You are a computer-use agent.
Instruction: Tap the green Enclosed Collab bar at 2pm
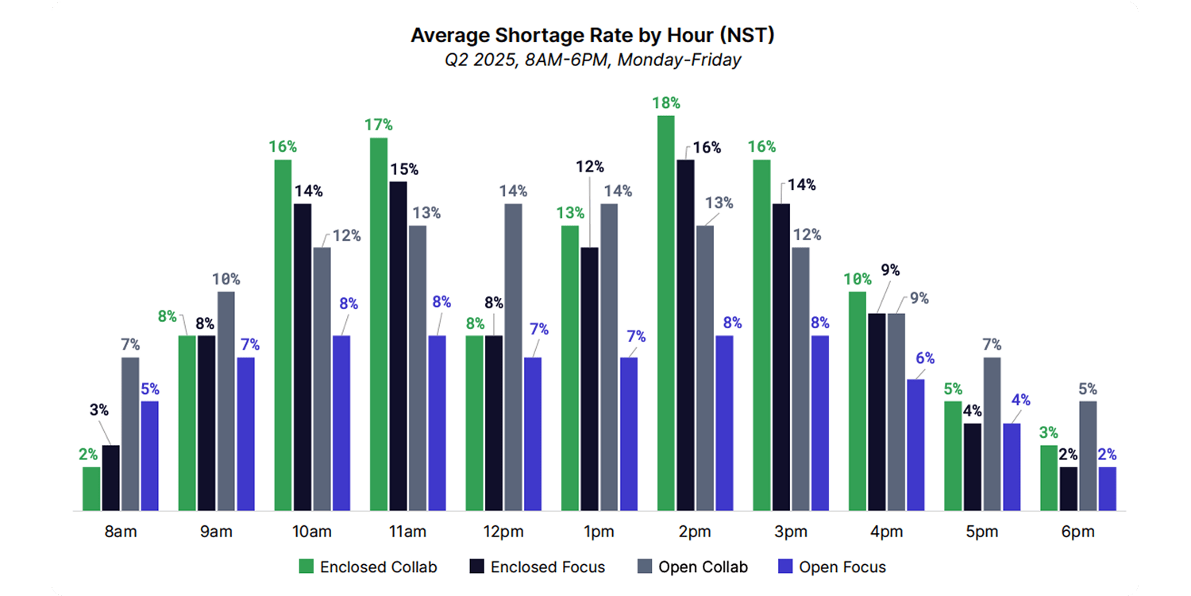665,313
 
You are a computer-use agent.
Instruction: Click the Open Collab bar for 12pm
513,357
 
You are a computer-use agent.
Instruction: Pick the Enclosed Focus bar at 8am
111,478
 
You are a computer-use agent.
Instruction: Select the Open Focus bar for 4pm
915,445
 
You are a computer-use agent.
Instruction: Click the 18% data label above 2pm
665,103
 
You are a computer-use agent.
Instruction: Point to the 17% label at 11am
378,125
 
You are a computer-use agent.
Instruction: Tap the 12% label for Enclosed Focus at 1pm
589,167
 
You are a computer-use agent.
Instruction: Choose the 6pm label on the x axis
1077,532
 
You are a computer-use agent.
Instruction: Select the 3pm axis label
790,532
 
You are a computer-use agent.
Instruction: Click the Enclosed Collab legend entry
368,567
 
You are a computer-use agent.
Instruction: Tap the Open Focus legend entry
832,567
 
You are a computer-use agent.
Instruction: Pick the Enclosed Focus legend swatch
476,567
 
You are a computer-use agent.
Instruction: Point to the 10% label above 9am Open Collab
226,279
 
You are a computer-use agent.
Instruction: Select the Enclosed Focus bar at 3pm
781,357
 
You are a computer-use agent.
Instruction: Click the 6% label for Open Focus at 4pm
925,358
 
